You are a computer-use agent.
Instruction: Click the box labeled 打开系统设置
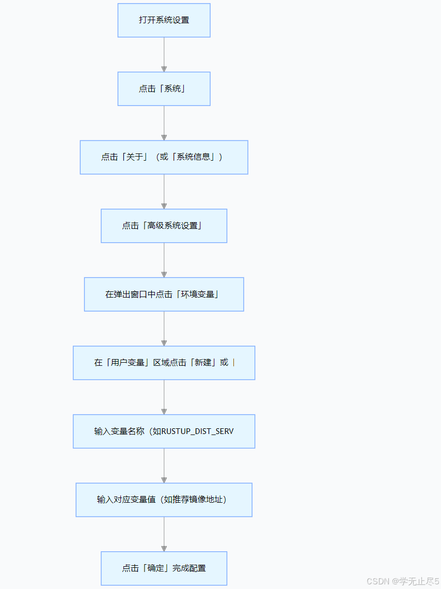164,20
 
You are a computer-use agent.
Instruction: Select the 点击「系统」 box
164,89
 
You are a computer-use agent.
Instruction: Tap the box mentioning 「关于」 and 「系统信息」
164,157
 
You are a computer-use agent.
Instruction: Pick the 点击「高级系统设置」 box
164,226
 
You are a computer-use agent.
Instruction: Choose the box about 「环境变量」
164,295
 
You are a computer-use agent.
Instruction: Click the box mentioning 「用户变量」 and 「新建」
164,363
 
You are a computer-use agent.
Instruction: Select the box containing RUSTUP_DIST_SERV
164,431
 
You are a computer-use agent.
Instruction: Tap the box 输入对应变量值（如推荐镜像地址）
164,500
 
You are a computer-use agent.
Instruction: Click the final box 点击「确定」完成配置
164,568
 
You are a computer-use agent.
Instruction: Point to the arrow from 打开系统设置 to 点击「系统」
164,54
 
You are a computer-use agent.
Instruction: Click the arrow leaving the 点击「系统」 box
164,123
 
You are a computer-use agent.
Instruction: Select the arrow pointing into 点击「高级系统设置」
164,192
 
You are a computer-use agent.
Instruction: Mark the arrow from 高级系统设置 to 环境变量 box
164,260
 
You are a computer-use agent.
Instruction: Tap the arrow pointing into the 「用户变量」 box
164,329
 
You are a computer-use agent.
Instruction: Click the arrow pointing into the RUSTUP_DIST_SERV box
164,397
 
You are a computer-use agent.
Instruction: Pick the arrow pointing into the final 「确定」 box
164,534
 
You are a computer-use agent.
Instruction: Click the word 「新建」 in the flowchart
203,363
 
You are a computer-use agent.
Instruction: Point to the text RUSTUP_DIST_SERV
197,431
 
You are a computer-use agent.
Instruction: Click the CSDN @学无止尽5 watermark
402,581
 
